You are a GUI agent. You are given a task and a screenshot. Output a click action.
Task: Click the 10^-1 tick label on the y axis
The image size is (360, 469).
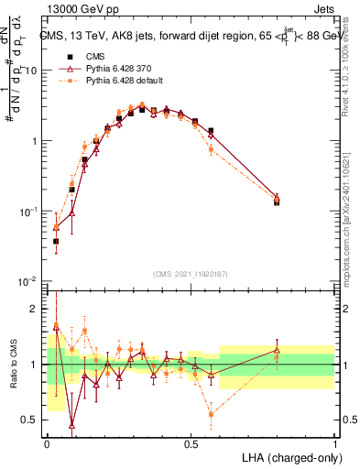tap(31, 211)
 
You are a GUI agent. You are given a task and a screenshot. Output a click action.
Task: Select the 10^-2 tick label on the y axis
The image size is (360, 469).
tap(31, 281)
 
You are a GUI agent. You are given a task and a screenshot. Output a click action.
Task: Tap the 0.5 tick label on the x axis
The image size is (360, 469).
tap(191, 443)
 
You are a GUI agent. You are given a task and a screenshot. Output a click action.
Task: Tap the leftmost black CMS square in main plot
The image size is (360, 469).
tap(56, 242)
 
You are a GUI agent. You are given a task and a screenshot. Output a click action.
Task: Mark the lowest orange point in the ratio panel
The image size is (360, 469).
tap(211, 414)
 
